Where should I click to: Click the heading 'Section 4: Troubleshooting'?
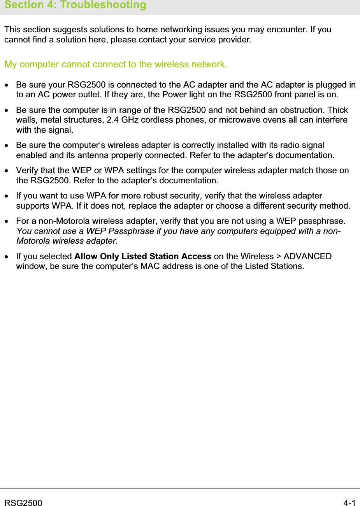[75, 5]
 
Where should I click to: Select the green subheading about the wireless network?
[116, 64]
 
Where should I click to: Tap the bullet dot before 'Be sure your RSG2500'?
[7, 85]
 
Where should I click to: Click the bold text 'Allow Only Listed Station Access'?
[142, 257]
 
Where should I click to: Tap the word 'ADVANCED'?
[307, 257]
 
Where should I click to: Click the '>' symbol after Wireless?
[279, 257]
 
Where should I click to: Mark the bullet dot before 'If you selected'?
[7, 257]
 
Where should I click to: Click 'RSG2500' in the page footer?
[23, 503]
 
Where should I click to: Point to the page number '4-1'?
[349, 503]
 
